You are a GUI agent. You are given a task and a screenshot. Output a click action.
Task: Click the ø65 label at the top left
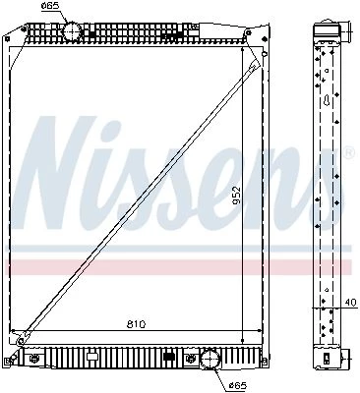tap(50, 5)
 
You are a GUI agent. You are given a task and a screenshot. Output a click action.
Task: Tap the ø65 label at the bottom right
tap(237, 385)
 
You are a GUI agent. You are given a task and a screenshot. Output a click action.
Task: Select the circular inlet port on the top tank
tap(72, 31)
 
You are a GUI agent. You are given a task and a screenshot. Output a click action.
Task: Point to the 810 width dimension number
tap(136, 324)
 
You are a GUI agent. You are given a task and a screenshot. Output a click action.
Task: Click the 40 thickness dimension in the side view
tap(350, 302)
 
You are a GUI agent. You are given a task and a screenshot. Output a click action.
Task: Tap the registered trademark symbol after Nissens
tap(349, 153)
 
